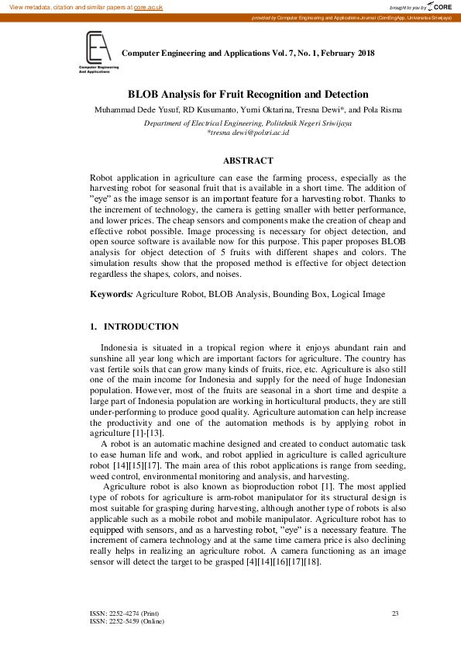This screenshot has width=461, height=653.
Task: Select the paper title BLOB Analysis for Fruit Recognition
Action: point(247,94)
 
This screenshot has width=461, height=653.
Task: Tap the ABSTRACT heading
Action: point(248,161)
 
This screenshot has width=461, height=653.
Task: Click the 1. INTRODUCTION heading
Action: point(135,326)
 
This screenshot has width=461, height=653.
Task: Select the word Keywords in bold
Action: point(112,295)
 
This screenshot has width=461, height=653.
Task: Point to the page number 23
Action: point(395,613)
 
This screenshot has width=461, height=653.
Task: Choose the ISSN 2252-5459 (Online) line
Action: point(127,621)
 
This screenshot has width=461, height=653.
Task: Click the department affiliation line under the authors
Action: point(248,123)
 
